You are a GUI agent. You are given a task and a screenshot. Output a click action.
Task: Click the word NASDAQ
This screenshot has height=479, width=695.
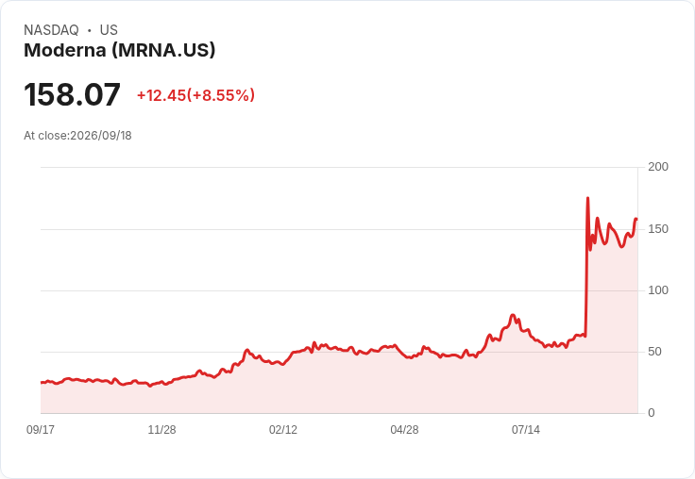51,30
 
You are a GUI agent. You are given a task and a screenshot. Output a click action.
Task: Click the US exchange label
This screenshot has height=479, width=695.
109,30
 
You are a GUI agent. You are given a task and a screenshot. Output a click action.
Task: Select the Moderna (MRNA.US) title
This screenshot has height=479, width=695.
120,51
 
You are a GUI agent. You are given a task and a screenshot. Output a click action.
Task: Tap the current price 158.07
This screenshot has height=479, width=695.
72,94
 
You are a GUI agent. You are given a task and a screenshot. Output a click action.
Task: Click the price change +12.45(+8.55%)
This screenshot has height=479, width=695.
195,95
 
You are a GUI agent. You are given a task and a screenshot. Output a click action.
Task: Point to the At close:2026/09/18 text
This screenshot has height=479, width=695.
77,136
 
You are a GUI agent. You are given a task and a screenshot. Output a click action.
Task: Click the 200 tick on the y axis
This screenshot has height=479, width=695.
658,167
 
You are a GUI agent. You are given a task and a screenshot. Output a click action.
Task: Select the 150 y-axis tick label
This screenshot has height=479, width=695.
658,229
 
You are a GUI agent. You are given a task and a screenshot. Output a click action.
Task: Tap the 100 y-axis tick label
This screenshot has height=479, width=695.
658,290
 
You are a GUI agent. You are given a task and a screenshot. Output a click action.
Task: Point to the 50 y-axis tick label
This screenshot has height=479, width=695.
654,352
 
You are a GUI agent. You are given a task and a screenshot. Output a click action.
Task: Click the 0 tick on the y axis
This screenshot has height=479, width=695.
652,413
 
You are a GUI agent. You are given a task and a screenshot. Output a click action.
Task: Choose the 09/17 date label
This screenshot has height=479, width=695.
41,430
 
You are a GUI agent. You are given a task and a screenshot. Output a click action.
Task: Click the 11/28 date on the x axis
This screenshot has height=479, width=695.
161,430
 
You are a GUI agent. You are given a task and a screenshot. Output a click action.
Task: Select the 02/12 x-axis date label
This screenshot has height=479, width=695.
283,430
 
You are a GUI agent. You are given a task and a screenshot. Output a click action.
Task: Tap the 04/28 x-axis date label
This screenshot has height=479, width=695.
404,430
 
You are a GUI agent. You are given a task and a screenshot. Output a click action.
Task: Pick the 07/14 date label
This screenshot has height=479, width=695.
526,430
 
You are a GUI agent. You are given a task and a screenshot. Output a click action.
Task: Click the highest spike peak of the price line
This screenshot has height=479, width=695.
587,198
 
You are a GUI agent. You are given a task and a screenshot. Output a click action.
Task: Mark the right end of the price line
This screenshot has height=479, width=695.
636,219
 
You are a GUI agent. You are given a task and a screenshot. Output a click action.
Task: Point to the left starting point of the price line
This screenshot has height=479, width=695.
42,383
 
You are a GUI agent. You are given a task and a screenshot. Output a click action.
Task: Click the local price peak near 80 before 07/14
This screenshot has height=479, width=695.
513,315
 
